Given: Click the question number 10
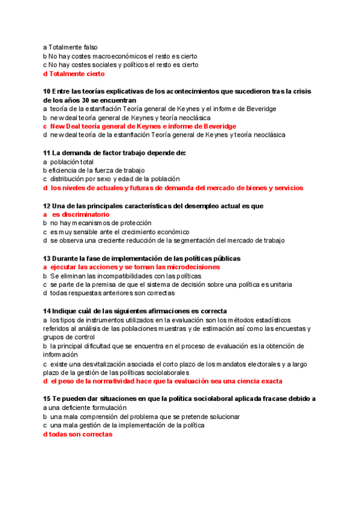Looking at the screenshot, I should click(47, 91).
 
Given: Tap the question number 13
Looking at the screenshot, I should click(47, 258).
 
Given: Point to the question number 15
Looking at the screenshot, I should click(47, 399).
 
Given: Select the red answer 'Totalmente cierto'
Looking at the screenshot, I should click(77, 74).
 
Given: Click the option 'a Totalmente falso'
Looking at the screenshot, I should click(71, 47).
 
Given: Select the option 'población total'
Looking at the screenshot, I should click(71, 161).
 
